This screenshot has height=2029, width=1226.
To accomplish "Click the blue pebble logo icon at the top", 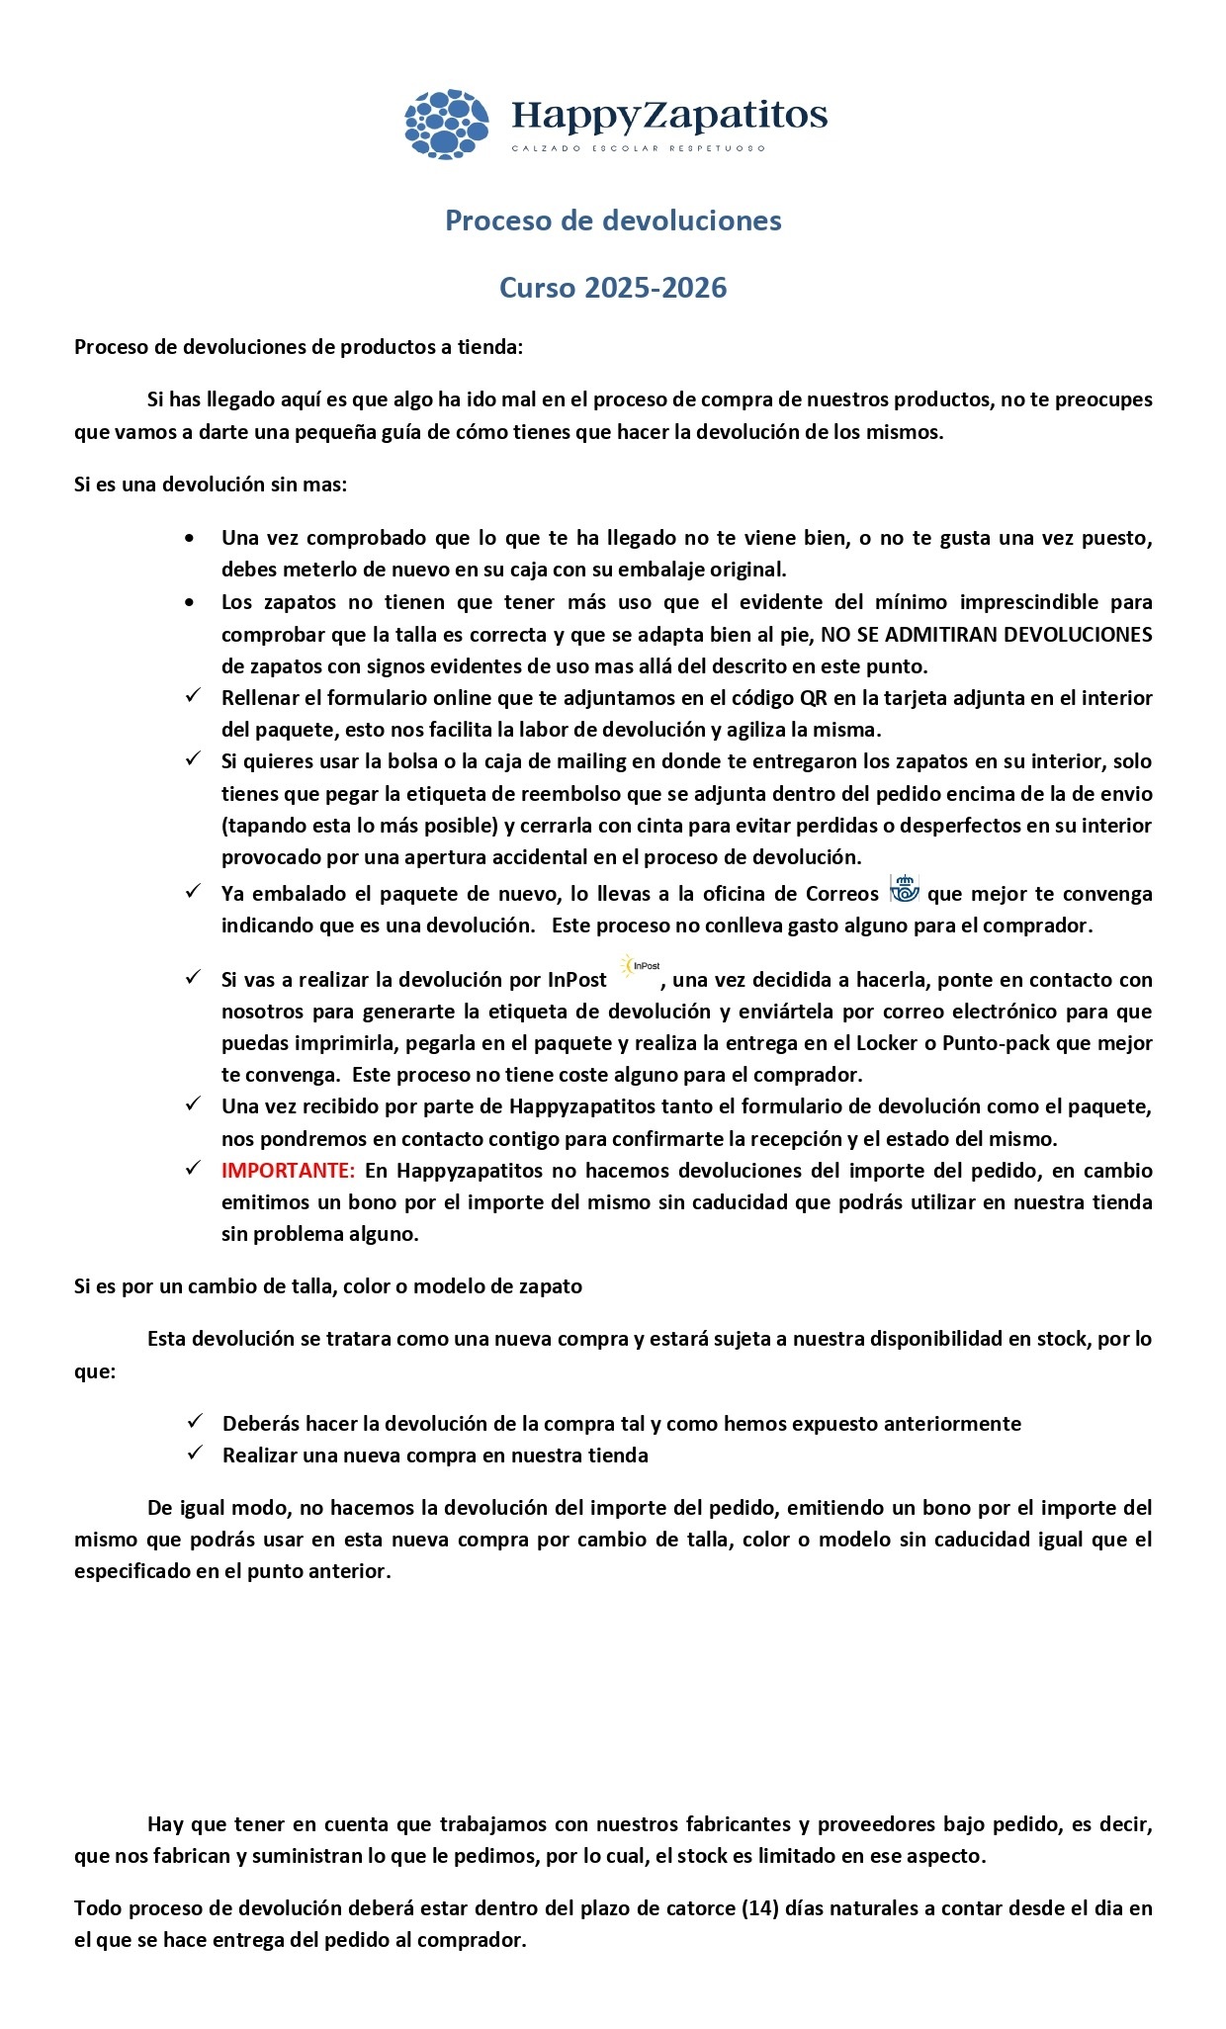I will point(446,124).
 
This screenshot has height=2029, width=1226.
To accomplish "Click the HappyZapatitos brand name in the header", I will point(669,116).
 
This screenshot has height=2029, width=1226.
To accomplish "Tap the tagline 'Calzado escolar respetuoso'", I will point(639,149).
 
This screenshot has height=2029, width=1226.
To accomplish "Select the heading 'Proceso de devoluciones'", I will point(613,221).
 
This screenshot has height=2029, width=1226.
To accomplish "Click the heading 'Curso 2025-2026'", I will point(613,288).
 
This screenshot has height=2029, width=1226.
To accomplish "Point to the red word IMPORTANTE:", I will point(288,1171).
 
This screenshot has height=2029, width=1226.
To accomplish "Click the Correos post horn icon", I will point(904,888).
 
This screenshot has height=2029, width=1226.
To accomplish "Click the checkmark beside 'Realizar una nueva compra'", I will point(196,1453).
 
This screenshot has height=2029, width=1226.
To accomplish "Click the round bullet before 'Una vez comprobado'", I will point(190,539).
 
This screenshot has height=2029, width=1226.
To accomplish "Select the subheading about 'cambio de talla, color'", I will point(328,1286).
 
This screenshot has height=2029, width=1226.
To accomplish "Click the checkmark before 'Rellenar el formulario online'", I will point(195,696).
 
